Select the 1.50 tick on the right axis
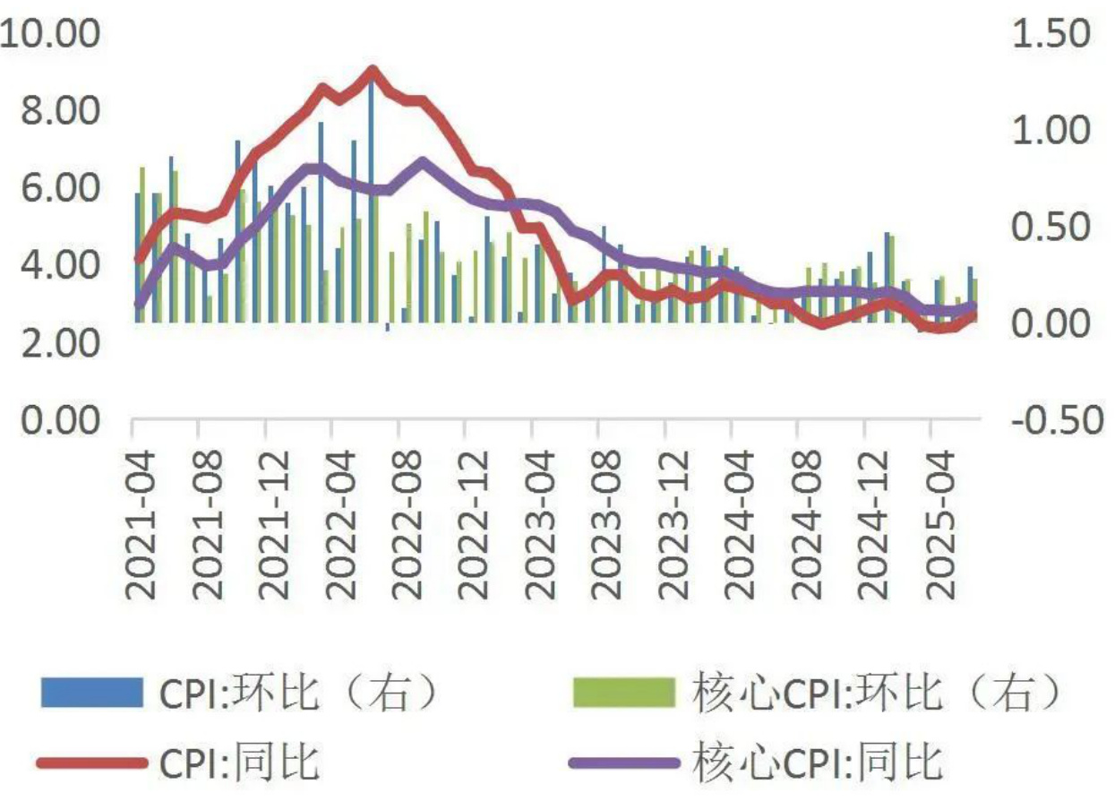coord(1050,35)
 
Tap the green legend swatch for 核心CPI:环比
coord(622,692)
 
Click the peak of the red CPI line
coord(373,70)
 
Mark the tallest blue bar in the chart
coord(372,202)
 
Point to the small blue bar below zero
coord(388,327)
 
